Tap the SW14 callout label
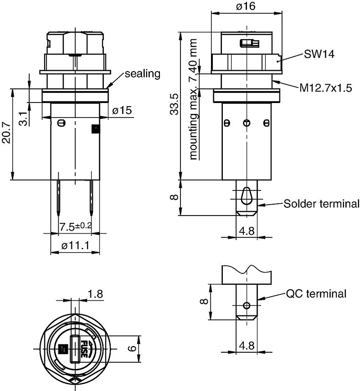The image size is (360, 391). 319,54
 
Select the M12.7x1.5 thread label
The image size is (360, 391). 325,88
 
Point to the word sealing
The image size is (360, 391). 143,74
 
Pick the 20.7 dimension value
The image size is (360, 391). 7,132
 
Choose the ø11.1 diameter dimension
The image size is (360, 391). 74,246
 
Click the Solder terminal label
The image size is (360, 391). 321,203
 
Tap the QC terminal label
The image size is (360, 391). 316,294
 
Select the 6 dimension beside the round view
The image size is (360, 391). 132,349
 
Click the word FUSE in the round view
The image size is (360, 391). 84,348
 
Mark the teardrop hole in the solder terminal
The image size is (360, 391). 247,194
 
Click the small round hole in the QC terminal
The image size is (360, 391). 247,305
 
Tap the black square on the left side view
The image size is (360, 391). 95,129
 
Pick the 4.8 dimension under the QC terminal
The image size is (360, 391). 246,345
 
